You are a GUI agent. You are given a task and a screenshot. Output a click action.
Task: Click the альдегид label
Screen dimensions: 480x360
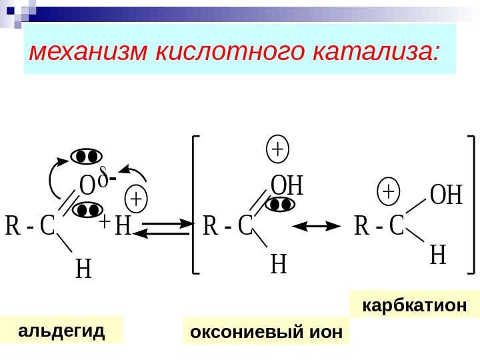pyautogui.click(x=61, y=329)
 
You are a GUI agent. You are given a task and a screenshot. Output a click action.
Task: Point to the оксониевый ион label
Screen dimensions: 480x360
pyautogui.click(x=266, y=331)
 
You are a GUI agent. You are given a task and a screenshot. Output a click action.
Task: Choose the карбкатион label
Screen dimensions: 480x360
pyautogui.click(x=413, y=305)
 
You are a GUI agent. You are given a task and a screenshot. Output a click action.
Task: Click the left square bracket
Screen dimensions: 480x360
pyautogui.click(x=195, y=204)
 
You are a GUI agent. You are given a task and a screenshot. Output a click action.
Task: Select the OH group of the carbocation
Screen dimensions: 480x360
pyautogui.click(x=445, y=196)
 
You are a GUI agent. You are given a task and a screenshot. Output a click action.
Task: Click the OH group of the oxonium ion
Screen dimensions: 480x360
pyautogui.click(x=287, y=186)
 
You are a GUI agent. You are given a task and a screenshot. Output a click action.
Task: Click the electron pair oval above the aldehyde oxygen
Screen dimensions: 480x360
pyautogui.click(x=87, y=156)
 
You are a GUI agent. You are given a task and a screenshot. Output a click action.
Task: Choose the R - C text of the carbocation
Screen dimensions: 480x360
pyautogui.click(x=379, y=226)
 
